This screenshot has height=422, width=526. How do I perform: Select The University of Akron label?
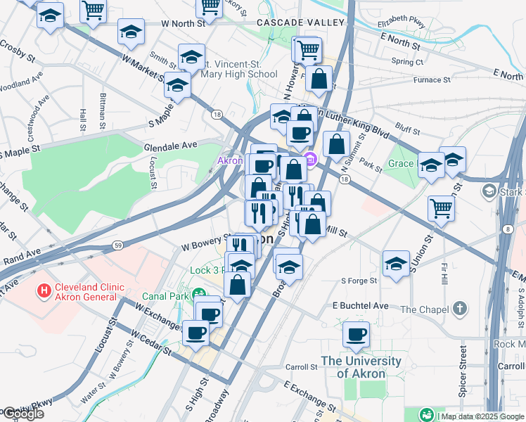(361, 367)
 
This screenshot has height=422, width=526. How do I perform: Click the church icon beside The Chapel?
(459, 309)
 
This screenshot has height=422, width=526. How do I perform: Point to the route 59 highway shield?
(119, 245)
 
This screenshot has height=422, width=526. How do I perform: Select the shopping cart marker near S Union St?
(441, 207)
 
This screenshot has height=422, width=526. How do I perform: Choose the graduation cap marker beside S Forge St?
(396, 263)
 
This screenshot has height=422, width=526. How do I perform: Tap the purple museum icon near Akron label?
(310, 160)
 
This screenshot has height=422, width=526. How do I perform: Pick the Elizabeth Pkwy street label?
(401, 22)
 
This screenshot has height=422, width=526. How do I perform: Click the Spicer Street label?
(463, 371)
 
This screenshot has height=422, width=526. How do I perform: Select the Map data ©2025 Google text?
(481, 416)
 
